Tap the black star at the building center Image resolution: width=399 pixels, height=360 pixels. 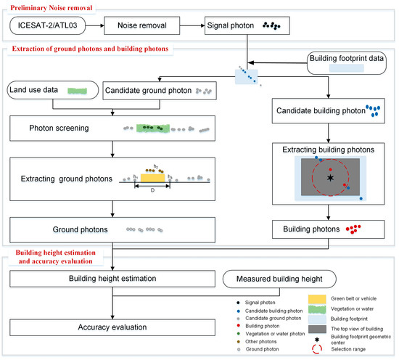pyautogui.click(x=331, y=176)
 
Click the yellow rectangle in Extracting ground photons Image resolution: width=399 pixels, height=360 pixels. pyautogui.click(x=152, y=176)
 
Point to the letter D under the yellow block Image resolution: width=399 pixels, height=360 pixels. pyautogui.click(x=152, y=192)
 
